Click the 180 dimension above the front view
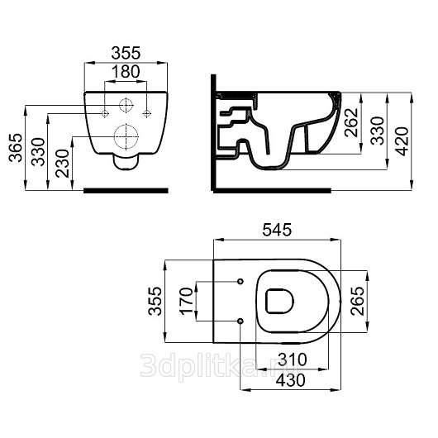coord(126,72)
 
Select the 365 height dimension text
coord(16,148)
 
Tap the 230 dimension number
coord(62,164)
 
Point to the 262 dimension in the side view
coord(351,122)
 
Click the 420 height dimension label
coord(402,141)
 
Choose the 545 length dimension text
coord(277,230)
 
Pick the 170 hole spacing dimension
coord(187,301)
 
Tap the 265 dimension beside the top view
coord(358,302)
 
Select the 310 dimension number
coord(293,359)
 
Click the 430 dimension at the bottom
coord(291,380)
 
